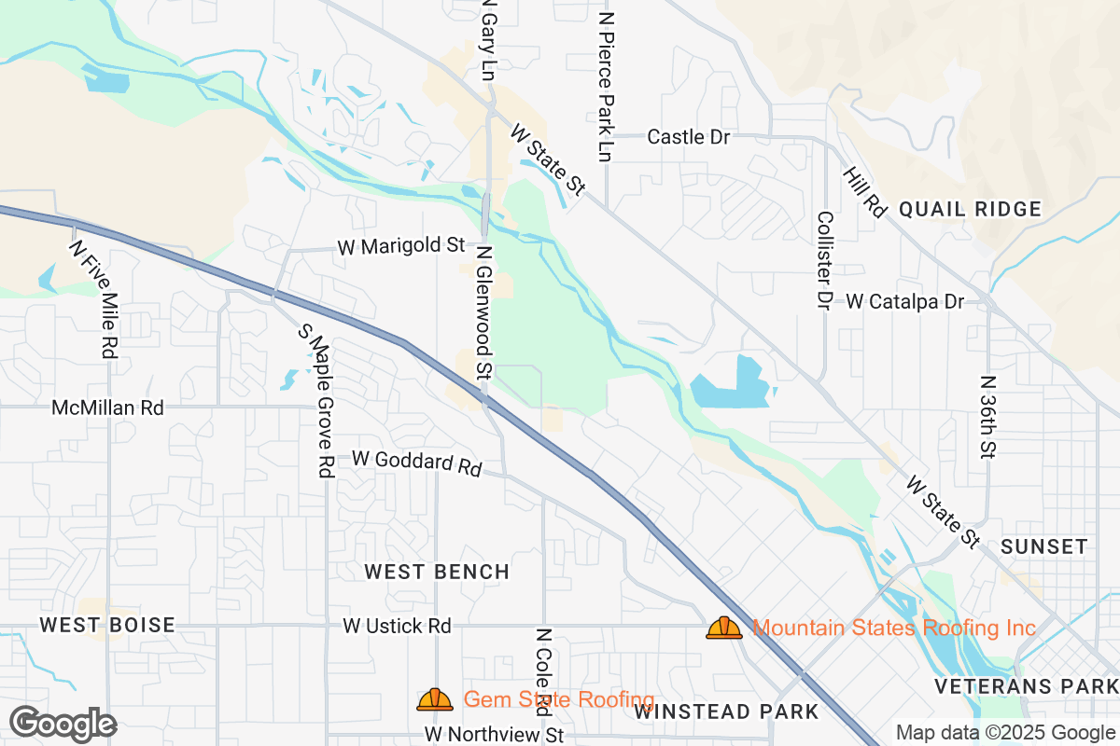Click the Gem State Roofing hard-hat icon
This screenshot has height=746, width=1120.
coord(435,699)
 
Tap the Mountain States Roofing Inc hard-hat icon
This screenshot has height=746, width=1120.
coord(724,628)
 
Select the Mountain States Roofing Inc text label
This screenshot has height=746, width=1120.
coord(893,628)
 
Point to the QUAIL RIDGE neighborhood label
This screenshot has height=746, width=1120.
coord(970,210)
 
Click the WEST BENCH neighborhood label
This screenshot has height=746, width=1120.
coord(437,572)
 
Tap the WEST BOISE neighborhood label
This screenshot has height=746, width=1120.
coord(108,625)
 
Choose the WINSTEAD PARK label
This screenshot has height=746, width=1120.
coord(726,712)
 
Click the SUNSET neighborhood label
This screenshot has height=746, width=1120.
coord(1043,546)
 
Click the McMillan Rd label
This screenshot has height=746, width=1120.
coord(107,408)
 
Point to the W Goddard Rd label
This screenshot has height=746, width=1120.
coord(416,463)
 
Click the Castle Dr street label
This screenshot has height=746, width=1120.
coord(688,137)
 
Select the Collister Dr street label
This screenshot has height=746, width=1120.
coord(823,260)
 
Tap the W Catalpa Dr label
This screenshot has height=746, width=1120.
coord(904,301)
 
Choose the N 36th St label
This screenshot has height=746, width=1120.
coord(987,417)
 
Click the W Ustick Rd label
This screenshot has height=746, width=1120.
coord(397,626)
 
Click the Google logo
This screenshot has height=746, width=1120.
coord(63,724)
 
